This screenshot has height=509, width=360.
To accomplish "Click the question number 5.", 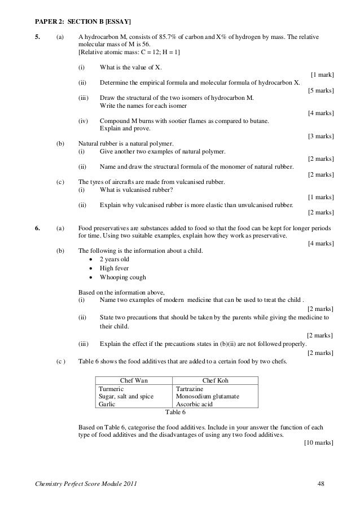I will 37,37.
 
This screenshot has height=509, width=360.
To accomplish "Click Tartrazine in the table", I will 191,389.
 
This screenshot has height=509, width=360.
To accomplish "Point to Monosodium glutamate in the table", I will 208,397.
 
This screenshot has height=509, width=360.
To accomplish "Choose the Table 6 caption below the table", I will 175,412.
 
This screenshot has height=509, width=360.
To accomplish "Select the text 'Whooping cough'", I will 122,277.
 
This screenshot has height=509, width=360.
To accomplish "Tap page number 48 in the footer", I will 322,485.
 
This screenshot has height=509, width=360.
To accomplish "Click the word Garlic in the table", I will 107,404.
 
